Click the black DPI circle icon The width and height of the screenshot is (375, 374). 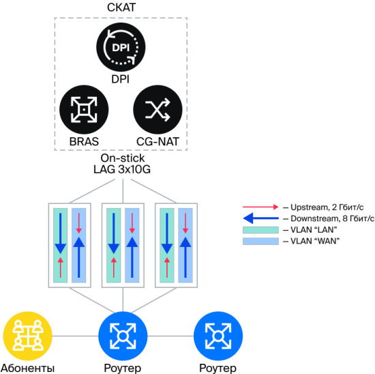pos(121,47)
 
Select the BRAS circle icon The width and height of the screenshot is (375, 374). pos(84,110)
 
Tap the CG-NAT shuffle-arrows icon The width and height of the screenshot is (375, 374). pos(157,110)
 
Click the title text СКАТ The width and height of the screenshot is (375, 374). pos(121,8)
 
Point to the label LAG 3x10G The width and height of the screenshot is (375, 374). pos(122,169)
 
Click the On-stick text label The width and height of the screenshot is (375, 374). pos(123,158)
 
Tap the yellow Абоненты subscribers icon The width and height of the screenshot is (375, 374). pos(27,336)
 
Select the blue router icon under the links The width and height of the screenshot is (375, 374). pos(123,336)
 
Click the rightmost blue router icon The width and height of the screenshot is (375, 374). pos(218,336)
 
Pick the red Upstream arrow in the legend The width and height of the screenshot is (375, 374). pos(260,207)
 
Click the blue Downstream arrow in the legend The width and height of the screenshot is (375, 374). pos(260,218)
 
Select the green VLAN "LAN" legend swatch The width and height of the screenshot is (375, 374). pos(260,230)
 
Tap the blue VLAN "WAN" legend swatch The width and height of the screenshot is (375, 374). pos(260,241)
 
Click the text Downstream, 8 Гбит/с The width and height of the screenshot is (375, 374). pos(333,218)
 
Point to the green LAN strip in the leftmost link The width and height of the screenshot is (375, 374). pos(60,246)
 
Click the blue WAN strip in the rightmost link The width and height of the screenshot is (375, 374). pos(185,246)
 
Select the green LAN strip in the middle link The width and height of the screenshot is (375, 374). pos(114,246)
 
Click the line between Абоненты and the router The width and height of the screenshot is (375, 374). pos(75,336)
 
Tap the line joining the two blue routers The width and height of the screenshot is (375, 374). pos(170,336)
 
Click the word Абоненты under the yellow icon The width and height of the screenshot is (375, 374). pos(28,368)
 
